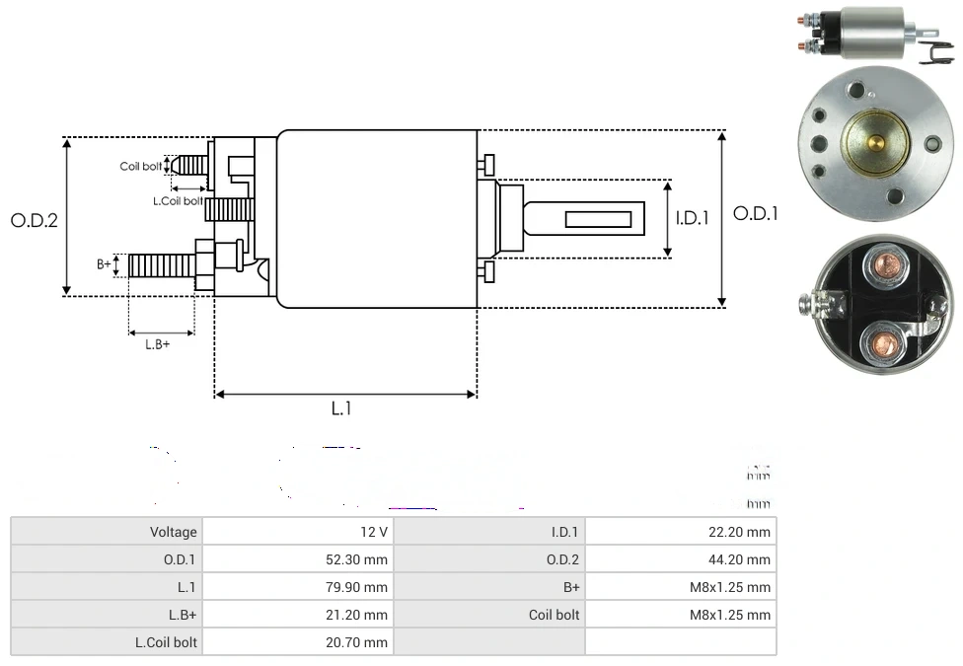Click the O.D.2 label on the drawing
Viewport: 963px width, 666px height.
(35, 220)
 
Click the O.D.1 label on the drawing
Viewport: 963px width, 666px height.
(756, 213)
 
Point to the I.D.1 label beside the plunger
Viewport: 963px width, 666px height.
(692, 218)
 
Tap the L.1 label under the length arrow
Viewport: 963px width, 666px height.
(341, 408)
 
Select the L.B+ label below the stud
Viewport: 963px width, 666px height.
(158, 344)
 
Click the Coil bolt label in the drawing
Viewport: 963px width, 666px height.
(141, 166)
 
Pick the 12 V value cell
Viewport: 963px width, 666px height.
(374, 532)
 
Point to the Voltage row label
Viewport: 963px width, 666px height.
(174, 532)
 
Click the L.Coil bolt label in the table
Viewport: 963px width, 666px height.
(166, 642)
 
